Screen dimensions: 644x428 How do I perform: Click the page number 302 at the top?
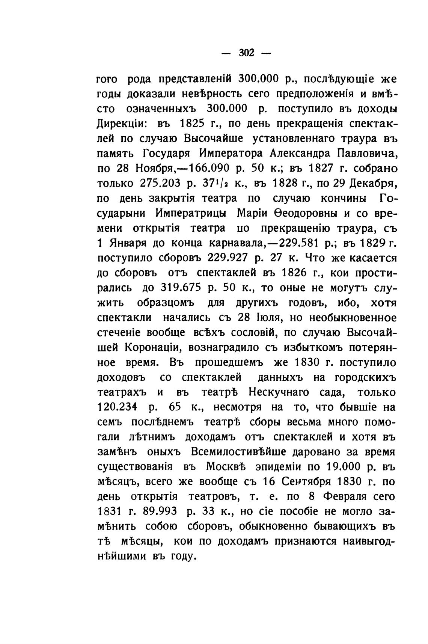(246, 53)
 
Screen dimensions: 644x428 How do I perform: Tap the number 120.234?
(118, 407)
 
